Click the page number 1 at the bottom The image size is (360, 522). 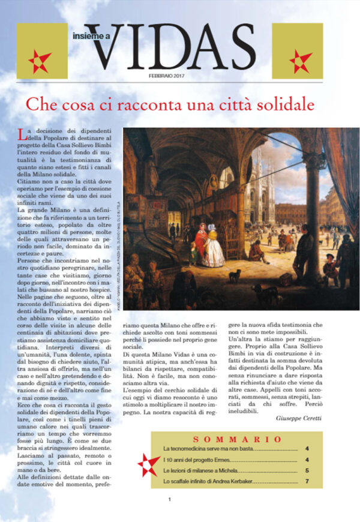(x=170, y=515)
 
